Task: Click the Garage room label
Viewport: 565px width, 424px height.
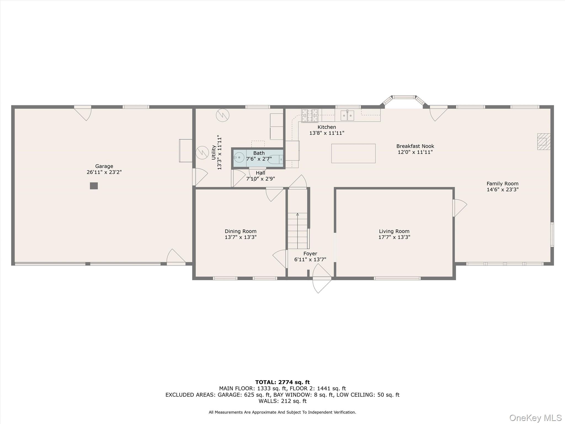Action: (x=104, y=166)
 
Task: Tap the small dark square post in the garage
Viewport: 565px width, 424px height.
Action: (x=94, y=186)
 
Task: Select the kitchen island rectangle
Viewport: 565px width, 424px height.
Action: (x=353, y=153)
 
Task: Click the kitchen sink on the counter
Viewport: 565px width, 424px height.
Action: (x=347, y=115)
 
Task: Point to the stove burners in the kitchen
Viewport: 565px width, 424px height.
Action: (x=310, y=115)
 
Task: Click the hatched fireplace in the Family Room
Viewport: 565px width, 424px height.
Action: (x=543, y=142)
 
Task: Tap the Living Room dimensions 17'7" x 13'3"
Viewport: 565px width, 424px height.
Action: (x=394, y=237)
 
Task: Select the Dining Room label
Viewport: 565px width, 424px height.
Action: (x=240, y=231)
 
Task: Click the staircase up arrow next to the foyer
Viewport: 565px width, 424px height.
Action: (x=297, y=214)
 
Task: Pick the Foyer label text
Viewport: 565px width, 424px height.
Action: (x=310, y=253)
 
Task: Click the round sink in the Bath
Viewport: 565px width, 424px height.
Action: (x=239, y=158)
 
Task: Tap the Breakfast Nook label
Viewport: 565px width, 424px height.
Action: (x=415, y=146)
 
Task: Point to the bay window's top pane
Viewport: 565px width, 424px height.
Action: (x=404, y=97)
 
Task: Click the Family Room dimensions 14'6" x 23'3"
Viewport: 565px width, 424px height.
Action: (x=502, y=190)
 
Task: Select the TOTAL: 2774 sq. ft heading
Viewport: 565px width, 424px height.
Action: (x=282, y=382)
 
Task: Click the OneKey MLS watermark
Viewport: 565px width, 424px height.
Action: (x=535, y=418)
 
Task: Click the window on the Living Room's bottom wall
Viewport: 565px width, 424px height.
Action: (x=397, y=278)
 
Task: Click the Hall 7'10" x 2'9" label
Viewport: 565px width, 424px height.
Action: (x=260, y=176)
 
